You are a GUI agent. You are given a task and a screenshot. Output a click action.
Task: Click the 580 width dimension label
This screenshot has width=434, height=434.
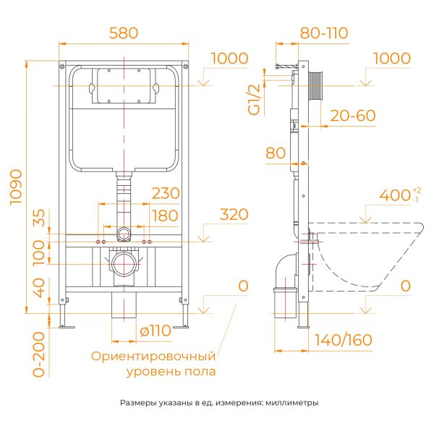click(124, 33)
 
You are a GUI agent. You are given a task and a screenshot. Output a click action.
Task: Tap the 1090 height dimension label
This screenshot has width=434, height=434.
click(16, 187)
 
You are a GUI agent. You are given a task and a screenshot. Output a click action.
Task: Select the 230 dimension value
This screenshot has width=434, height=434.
click(166, 193)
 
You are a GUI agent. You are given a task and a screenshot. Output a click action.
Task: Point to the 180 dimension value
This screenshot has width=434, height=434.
click(165, 216)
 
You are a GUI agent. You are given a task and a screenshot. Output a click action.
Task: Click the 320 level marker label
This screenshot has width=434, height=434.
click(234, 215)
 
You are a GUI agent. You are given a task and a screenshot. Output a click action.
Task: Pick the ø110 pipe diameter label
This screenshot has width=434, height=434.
click(156, 331)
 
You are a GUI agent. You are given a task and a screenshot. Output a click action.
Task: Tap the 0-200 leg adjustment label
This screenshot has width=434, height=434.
click(39, 354)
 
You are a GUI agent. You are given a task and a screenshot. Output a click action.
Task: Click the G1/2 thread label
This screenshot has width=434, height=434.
click(254, 100)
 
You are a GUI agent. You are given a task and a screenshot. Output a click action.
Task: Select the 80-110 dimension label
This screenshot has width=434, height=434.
click(324, 33)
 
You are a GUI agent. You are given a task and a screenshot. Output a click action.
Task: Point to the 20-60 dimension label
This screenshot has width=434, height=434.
click(353, 116)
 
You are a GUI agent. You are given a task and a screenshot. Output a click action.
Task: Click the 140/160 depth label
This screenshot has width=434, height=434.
click(343, 340)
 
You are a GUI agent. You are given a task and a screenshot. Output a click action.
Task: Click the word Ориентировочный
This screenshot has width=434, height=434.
click(153, 356)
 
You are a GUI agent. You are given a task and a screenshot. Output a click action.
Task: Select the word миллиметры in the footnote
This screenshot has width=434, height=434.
click(292, 403)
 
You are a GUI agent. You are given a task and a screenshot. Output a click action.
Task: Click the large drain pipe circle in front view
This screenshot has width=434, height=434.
click(124, 264)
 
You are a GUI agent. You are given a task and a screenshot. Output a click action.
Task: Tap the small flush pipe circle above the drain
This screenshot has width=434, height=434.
click(124, 234)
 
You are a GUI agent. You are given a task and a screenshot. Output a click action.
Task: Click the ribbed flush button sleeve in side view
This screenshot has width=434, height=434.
click(316, 86)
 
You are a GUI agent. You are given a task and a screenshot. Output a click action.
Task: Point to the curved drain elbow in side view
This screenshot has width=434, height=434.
click(286, 271)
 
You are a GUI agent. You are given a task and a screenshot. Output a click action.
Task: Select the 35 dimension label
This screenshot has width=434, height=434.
click(39, 218)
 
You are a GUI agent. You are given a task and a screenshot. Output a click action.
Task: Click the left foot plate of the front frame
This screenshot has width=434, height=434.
click(67, 327)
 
